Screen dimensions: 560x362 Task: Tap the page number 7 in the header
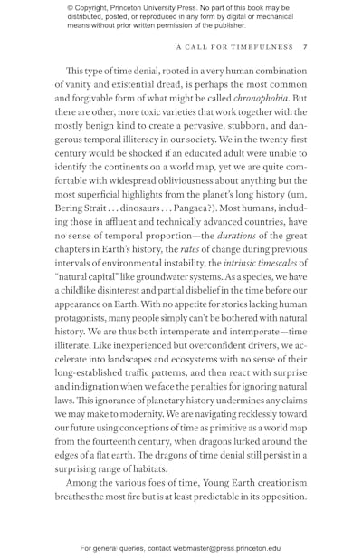[305, 47]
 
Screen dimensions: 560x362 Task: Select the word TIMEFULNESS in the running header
[264, 47]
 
